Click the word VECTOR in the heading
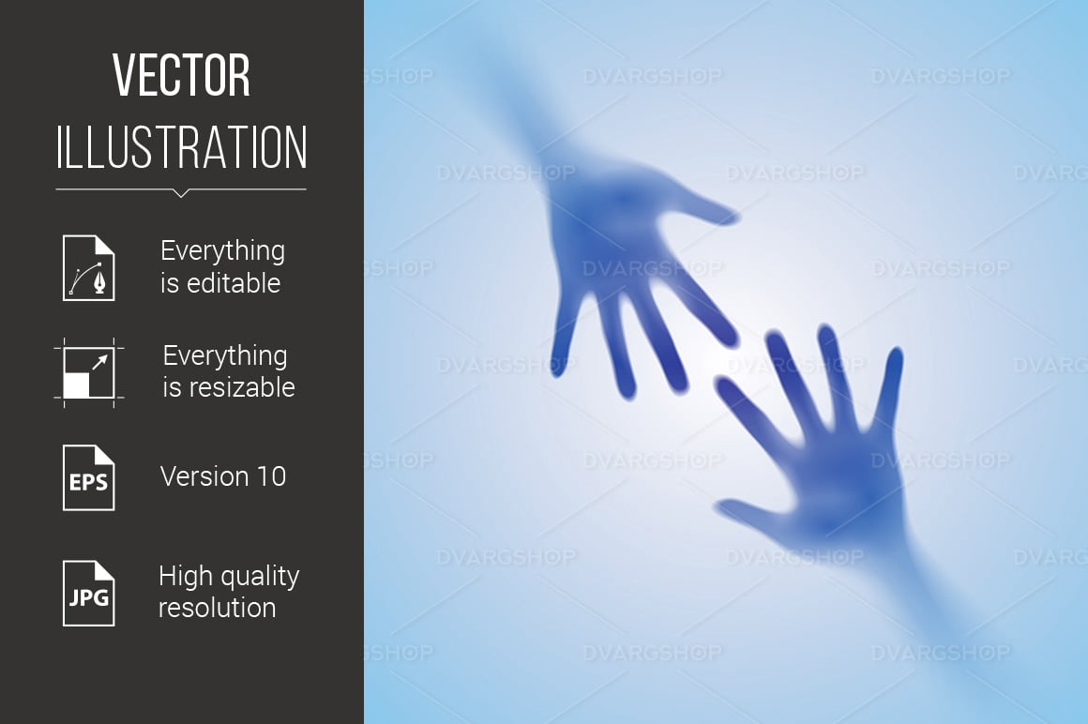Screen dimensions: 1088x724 181,75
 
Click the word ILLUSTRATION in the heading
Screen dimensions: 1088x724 181,147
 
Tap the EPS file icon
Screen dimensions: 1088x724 89,477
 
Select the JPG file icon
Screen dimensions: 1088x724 89,594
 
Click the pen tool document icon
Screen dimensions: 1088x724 89,267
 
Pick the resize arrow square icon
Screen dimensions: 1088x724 89,372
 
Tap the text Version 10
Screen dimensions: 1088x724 222,476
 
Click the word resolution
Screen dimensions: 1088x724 218,608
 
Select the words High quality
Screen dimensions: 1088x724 229,576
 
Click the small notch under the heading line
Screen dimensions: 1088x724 181,193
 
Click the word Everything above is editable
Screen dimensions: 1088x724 222,251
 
